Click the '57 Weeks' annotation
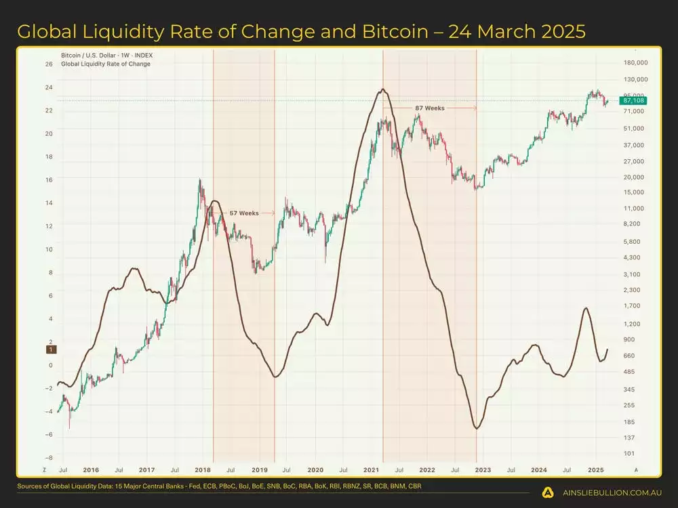point(243,213)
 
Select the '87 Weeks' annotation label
point(430,108)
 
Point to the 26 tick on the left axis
point(49,64)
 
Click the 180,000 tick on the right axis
point(635,63)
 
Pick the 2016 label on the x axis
point(91,469)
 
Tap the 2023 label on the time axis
point(483,469)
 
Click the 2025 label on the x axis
point(595,469)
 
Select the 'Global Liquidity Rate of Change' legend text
point(106,64)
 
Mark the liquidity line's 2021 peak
point(383,89)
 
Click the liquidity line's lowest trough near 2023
point(477,428)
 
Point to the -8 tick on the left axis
point(49,457)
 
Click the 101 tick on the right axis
point(629,453)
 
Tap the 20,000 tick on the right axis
point(633,177)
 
